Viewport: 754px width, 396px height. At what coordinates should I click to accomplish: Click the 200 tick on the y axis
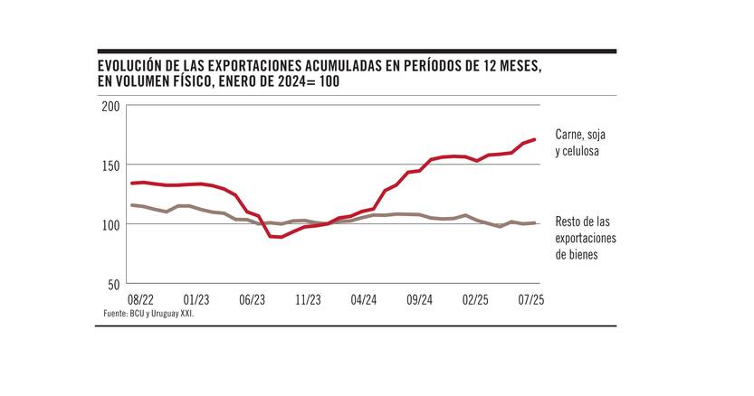110,106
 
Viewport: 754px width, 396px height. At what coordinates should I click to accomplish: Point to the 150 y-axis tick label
110,165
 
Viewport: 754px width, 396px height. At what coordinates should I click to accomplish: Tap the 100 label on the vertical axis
110,224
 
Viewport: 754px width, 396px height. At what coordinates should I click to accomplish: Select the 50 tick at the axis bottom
114,284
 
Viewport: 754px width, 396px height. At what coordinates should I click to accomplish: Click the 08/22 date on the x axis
140,298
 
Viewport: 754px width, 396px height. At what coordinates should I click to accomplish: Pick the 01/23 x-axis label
196,298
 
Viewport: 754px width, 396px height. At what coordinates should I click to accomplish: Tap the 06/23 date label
253,298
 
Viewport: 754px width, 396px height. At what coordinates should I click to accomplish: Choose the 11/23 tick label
308,298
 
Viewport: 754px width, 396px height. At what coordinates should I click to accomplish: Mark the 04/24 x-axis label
364,298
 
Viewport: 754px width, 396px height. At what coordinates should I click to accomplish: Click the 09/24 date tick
420,298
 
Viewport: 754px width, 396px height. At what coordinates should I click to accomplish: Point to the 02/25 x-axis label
475,298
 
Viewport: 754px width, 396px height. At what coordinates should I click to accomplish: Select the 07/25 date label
530,298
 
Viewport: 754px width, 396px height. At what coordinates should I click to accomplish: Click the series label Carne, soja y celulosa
580,143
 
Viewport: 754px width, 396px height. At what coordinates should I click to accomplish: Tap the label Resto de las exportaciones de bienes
586,238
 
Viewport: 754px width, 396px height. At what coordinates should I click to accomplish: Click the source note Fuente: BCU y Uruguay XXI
148,313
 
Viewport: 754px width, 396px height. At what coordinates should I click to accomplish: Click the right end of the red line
535,139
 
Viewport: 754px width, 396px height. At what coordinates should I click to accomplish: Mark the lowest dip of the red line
281,237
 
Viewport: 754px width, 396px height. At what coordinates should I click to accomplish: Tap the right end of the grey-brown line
535,222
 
